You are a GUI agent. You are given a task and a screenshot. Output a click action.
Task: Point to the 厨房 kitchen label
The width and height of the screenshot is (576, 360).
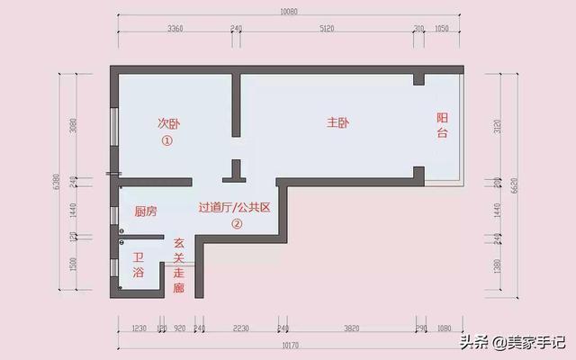(146, 212)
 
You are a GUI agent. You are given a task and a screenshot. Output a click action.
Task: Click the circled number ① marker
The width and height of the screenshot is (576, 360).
(166, 141)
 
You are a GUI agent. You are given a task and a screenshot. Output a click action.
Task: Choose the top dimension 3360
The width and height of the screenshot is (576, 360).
(175, 29)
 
